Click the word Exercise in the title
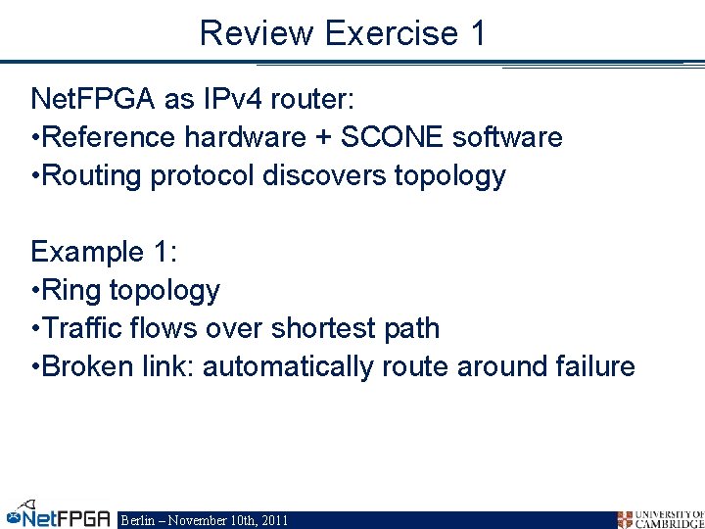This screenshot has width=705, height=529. click(x=392, y=33)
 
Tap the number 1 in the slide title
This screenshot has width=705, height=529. click(x=478, y=33)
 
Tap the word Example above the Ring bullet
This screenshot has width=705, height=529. click(x=87, y=252)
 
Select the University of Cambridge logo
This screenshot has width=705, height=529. click(x=660, y=518)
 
